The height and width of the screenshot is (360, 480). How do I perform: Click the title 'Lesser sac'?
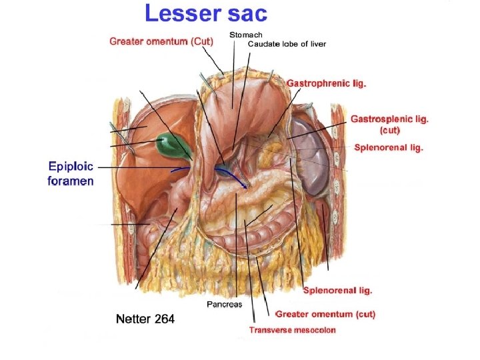click(206, 13)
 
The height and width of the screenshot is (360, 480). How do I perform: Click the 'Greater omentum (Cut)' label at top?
click(161, 41)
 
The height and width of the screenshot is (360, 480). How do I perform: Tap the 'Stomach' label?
click(246, 35)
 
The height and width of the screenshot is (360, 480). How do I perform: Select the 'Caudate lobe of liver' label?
click(287, 44)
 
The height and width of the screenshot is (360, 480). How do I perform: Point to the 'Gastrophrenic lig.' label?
click(327, 84)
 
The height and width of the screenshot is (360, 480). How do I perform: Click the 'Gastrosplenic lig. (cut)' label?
click(389, 125)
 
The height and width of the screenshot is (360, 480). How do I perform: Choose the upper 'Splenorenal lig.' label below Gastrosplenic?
click(388, 147)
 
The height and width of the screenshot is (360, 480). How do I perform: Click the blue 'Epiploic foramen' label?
click(71, 173)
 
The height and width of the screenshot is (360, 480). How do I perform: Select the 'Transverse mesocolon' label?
click(293, 329)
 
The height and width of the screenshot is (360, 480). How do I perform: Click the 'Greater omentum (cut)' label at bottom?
click(325, 314)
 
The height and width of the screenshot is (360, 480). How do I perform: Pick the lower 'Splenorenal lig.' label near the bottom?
click(337, 290)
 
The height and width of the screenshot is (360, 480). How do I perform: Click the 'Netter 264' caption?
click(145, 319)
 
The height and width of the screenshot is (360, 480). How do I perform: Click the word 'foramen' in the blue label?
click(70, 181)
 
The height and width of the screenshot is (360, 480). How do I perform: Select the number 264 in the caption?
click(164, 319)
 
